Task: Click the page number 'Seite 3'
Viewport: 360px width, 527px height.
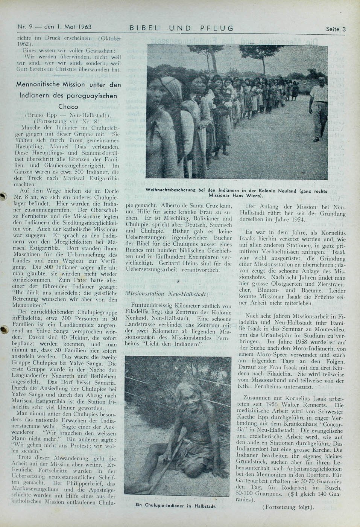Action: click(336, 29)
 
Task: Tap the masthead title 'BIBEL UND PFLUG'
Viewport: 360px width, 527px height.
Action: click(181, 28)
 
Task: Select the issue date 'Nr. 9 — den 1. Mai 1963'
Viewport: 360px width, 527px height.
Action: click(55, 27)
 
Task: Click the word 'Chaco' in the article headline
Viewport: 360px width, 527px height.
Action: click(68, 107)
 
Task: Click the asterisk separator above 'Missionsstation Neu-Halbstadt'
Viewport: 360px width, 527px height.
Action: click(178, 282)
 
